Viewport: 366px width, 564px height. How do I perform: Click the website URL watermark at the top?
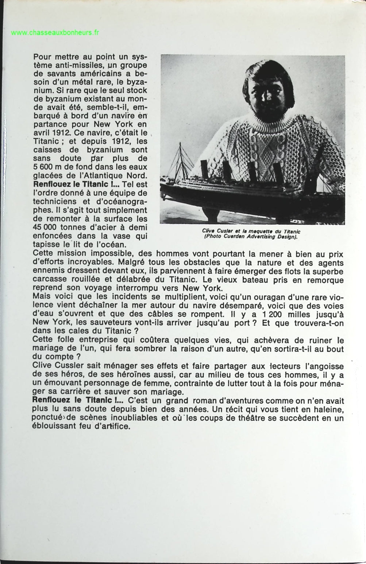(x=55, y=33)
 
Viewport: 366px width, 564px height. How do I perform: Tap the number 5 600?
(x=43, y=167)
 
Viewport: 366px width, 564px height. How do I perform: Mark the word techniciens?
(x=54, y=202)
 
